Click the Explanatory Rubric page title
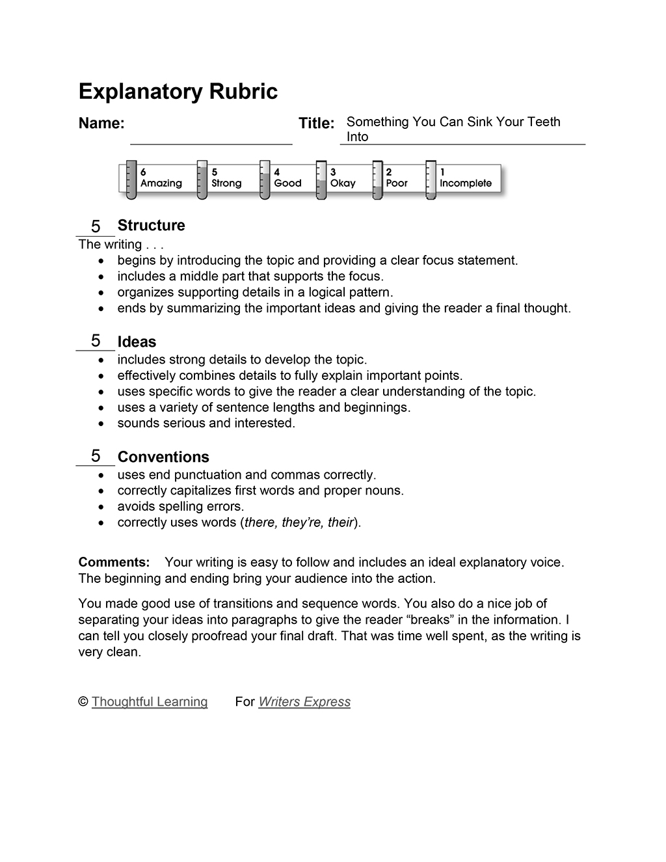coord(178,92)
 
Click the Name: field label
coord(101,124)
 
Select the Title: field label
coord(316,124)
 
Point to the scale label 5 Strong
coord(226,178)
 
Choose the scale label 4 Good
coord(287,178)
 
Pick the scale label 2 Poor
coord(396,178)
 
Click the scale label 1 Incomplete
coord(465,178)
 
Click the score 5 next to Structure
coord(96,226)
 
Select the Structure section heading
coord(151,226)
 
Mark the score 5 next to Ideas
coord(96,341)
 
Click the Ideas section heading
coord(137,342)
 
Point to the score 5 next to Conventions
coord(96,456)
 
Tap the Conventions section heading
coord(163,457)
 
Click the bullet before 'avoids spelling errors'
coord(100,507)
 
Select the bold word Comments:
coord(114,562)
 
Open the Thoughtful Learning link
coord(150,702)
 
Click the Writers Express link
coord(304,702)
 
